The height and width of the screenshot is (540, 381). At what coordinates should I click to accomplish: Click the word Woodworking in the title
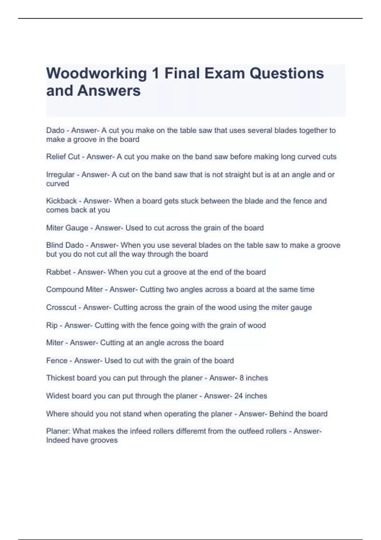point(97,74)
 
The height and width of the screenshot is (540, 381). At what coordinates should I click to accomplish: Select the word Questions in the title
point(287,74)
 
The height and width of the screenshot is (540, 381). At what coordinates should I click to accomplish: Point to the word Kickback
point(61,201)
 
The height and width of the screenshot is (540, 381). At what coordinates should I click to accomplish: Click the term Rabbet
point(58,272)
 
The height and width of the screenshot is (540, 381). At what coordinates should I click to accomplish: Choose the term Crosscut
point(61,307)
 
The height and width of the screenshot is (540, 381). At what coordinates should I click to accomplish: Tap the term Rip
point(52,326)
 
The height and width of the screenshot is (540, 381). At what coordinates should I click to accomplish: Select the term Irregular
point(60,175)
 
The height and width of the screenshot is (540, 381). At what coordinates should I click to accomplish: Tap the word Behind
point(281,414)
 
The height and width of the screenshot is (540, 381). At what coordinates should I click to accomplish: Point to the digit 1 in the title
point(155,74)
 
